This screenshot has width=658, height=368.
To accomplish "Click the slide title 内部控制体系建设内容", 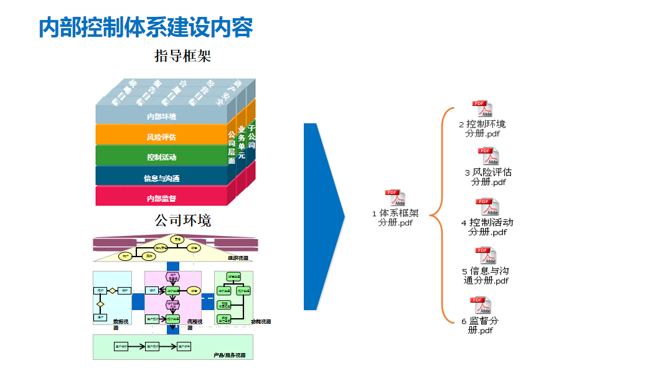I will click(x=146, y=28).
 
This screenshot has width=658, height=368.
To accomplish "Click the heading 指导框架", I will click(x=182, y=57).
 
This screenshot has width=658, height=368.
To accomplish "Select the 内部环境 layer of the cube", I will click(x=161, y=116).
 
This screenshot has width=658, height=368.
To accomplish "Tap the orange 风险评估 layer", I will click(x=161, y=137).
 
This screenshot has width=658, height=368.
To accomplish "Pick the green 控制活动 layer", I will click(x=161, y=157).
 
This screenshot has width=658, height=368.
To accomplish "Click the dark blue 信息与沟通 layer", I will click(x=161, y=178).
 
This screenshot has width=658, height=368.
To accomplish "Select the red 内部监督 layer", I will click(x=161, y=198).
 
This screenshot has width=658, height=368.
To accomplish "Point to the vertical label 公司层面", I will click(x=232, y=147).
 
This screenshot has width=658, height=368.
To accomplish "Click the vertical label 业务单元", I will click(x=242, y=141).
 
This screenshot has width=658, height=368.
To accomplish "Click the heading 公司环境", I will click(x=182, y=220).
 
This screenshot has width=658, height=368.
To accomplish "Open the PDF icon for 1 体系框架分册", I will click(x=395, y=198).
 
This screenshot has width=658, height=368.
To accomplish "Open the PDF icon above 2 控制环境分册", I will click(x=482, y=109).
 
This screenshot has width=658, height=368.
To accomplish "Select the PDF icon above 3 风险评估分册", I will click(x=488, y=156).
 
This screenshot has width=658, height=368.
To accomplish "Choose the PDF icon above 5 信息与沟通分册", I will click(x=486, y=255).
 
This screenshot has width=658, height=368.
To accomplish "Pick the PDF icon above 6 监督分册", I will click(x=481, y=305).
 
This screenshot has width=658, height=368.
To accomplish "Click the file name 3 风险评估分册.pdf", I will click(x=488, y=177).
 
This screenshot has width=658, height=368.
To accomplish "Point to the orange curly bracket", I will click(x=438, y=215).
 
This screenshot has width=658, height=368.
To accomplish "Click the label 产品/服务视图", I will click(x=229, y=355).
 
